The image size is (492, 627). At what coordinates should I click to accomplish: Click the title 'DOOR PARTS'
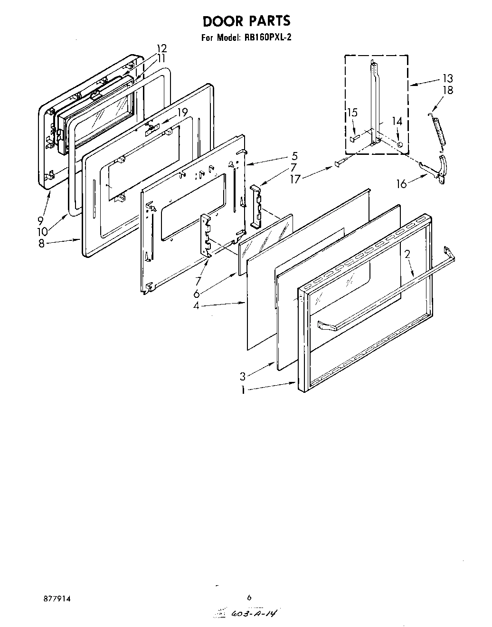click(246, 21)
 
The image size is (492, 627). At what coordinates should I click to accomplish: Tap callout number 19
click(182, 113)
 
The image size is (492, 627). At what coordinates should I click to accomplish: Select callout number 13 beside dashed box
click(447, 78)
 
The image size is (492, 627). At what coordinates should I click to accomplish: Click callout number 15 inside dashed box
click(352, 113)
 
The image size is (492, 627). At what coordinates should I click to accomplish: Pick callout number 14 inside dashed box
click(397, 121)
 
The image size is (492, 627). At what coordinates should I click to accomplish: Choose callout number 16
click(402, 183)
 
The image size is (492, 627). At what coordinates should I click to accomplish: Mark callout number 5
click(294, 155)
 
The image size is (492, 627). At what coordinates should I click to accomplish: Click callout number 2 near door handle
click(407, 254)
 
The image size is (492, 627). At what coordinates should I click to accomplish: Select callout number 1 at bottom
click(243, 390)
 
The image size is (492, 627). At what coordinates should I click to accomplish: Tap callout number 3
click(243, 377)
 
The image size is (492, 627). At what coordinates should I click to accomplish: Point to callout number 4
click(196, 306)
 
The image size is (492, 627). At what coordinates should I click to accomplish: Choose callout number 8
click(41, 243)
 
